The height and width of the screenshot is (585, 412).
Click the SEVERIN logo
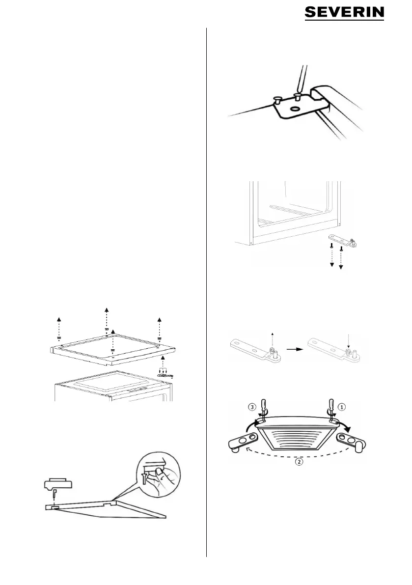click(x=344, y=13)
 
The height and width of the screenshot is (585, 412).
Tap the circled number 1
click(x=343, y=406)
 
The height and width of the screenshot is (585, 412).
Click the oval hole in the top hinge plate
click(x=296, y=109)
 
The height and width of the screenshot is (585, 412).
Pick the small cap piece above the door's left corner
click(x=58, y=484)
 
